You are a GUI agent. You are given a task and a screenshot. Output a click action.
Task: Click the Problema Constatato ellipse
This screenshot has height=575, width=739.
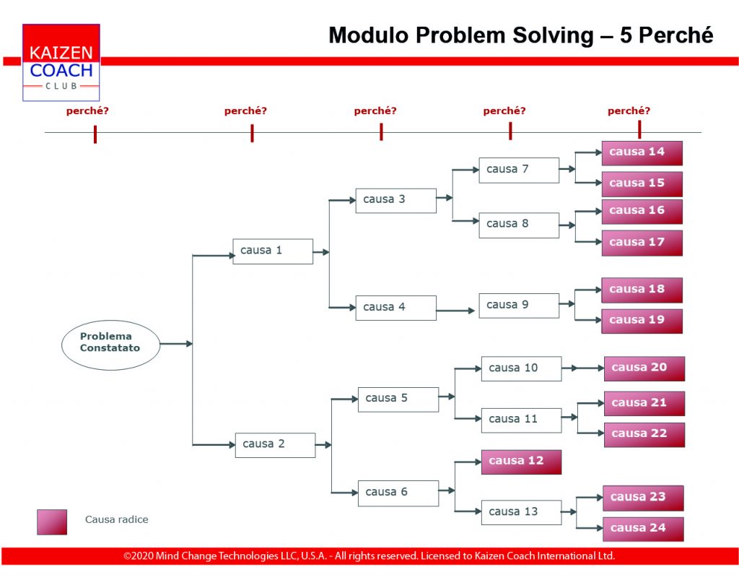(x=110, y=345)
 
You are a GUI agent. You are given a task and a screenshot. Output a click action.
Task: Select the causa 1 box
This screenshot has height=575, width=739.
(x=273, y=251)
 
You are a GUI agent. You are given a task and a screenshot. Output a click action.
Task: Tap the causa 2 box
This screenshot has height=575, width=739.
(x=275, y=445)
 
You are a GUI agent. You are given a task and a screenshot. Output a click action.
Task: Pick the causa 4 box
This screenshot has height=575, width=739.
(x=396, y=308)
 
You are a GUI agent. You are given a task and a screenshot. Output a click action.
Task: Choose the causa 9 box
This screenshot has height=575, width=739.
(x=519, y=306)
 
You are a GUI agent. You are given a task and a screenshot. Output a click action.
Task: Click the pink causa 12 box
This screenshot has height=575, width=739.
(x=521, y=462)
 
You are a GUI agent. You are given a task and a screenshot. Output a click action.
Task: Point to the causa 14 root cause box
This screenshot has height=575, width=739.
(x=642, y=153)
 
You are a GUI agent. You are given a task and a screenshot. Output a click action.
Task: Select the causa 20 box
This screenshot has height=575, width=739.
(x=644, y=368)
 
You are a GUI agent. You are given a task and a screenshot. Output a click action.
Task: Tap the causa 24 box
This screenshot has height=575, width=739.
(x=643, y=529)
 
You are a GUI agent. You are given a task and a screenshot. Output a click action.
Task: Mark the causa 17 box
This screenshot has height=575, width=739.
(x=642, y=243)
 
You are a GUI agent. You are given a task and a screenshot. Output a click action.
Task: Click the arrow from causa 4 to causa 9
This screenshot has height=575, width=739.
(x=455, y=311)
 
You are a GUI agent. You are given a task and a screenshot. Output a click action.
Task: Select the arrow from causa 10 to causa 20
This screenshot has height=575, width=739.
(x=583, y=368)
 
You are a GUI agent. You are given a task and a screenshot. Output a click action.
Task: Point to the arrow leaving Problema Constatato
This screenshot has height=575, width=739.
(x=176, y=344)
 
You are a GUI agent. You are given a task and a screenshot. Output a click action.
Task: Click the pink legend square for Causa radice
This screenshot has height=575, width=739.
(x=52, y=522)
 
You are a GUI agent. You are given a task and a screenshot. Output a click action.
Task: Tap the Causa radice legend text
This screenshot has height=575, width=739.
(x=116, y=519)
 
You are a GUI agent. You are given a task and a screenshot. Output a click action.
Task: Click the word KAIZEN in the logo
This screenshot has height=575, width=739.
(x=61, y=53)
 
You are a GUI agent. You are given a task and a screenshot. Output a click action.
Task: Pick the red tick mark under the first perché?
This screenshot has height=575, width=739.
(x=95, y=134)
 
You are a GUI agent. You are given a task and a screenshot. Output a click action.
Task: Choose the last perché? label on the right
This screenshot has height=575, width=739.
(x=629, y=111)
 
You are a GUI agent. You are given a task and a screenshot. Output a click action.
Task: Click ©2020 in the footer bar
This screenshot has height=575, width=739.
(x=138, y=555)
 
